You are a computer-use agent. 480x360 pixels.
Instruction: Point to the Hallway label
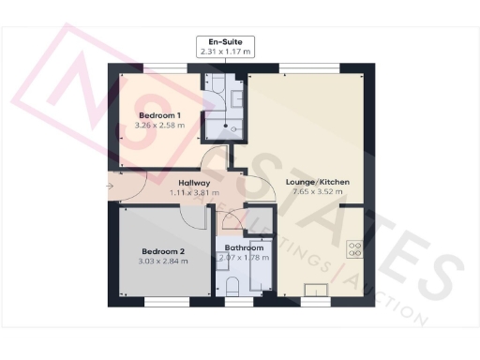coord(194,183)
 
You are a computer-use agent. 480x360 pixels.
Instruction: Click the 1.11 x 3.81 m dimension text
coord(194,193)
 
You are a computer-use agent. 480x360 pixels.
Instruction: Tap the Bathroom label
coord(243,247)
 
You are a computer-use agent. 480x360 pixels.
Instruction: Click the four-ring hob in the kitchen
coord(356,249)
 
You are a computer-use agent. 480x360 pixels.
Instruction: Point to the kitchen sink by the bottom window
coord(316,290)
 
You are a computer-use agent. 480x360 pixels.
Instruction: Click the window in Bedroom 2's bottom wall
coord(163,302)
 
